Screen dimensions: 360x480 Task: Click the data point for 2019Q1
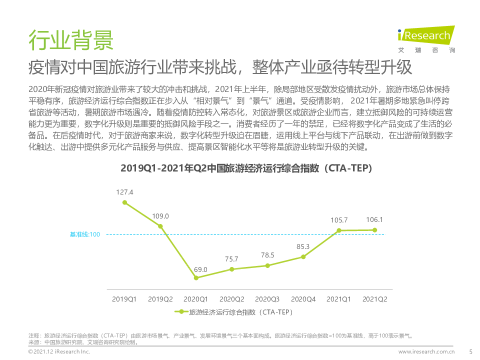(x=124, y=202)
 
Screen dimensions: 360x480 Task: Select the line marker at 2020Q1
(x=196, y=278)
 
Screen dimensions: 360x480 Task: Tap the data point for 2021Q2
(x=374, y=230)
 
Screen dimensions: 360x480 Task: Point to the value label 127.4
(x=124, y=192)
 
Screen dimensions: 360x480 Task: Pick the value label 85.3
(x=303, y=246)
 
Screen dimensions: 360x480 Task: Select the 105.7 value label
(x=338, y=220)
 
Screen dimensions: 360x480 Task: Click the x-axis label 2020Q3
(x=267, y=299)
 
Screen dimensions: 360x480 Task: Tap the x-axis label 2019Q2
(x=160, y=299)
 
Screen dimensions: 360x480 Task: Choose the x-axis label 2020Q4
(x=303, y=299)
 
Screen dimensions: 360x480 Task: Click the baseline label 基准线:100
(x=85, y=234)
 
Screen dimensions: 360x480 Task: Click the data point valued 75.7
(x=231, y=269)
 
